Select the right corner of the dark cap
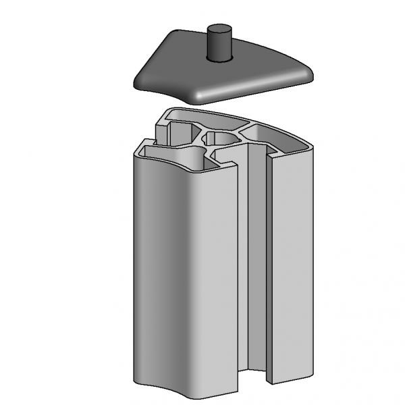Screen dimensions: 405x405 (x=308, y=74)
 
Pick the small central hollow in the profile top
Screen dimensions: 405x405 (x=223, y=138)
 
